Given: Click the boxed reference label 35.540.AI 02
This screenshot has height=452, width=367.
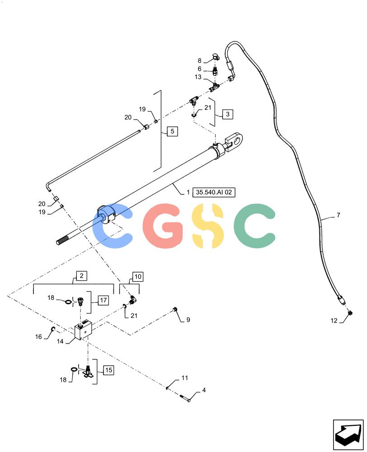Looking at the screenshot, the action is [214, 192].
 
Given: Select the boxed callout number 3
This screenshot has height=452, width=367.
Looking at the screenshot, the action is [227, 114].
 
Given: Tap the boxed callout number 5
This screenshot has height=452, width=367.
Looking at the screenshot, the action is [172, 132].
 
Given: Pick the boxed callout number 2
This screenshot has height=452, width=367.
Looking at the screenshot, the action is [81, 276].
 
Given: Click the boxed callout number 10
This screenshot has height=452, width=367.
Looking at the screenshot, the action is [138, 277].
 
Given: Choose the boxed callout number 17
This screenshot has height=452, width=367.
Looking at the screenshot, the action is [103, 301].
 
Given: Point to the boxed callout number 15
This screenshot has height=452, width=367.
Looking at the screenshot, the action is [108, 370].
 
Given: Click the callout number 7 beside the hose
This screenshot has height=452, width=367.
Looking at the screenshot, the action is [338, 215].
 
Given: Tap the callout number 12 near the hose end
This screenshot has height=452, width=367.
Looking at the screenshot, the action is [334, 320].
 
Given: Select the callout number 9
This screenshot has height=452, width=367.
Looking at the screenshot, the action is [188, 320].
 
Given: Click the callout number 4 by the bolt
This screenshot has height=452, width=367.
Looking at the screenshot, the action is [204, 391].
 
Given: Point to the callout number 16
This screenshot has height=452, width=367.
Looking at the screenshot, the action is [38, 337].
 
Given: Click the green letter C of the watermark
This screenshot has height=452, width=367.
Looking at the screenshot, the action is [254, 226].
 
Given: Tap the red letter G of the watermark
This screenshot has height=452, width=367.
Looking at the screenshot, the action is [163, 226].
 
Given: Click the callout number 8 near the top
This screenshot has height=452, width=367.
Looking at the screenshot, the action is [199, 61].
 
